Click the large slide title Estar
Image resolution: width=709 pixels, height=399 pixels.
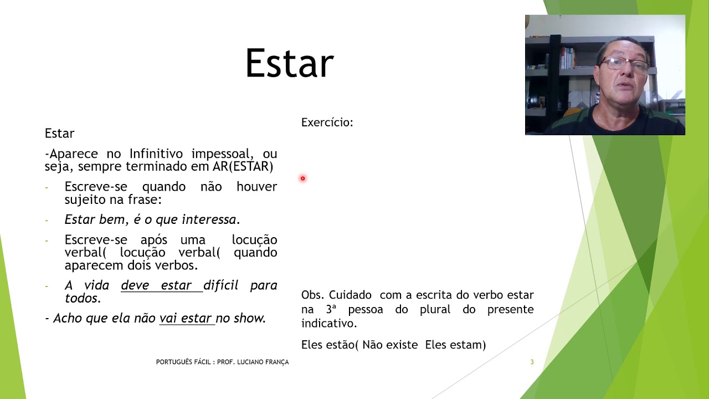tap(289, 63)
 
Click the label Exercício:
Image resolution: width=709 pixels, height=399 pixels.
tap(327, 122)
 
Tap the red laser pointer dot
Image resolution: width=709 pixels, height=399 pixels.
tap(303, 178)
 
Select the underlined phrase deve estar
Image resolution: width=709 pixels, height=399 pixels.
tap(156, 285)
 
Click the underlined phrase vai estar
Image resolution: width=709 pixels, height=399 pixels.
tap(186, 318)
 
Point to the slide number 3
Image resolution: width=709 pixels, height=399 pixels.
tap(532, 362)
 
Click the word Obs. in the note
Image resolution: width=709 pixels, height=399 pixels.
tap(312, 295)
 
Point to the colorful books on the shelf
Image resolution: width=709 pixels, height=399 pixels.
tap(567, 57)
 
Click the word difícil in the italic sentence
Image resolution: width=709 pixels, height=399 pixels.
tap(220, 285)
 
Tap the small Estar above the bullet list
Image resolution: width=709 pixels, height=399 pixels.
tap(59, 134)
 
